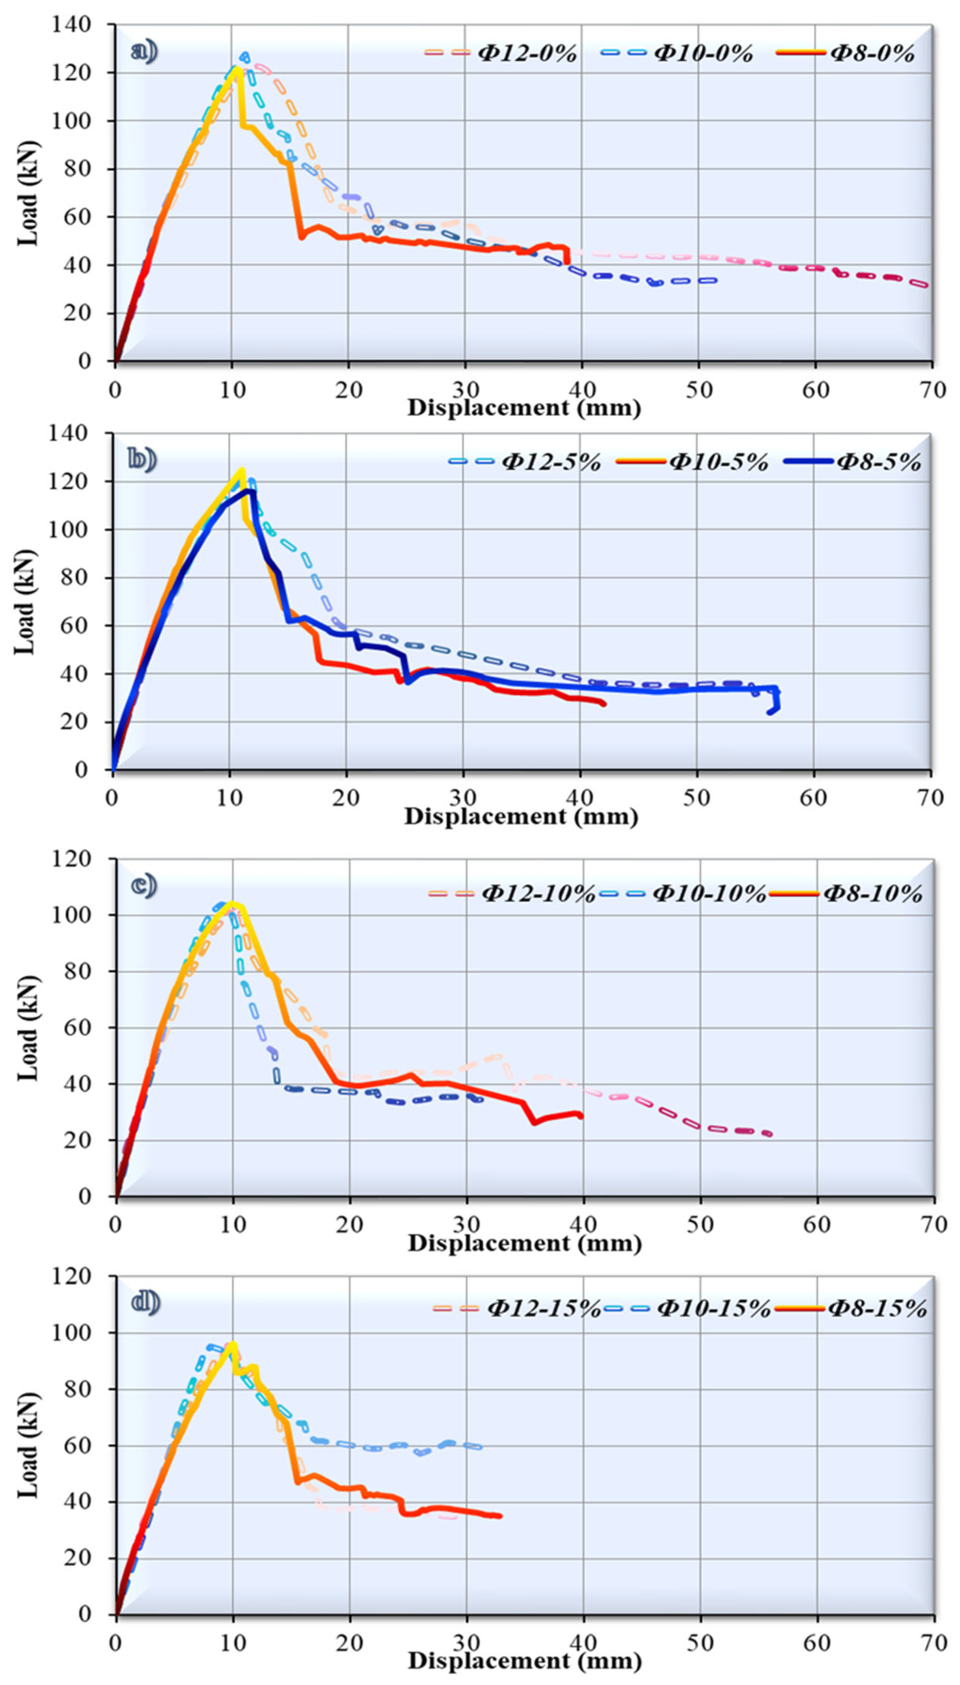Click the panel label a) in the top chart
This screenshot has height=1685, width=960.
pyautogui.click(x=144, y=51)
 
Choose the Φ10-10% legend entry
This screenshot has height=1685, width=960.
pyautogui.click(x=708, y=894)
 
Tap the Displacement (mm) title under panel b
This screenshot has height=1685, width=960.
pyautogui.click(x=521, y=817)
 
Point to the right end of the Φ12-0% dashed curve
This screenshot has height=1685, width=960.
pyautogui.click(x=926, y=285)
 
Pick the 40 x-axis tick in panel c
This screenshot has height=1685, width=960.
pyautogui.click(x=583, y=1226)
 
